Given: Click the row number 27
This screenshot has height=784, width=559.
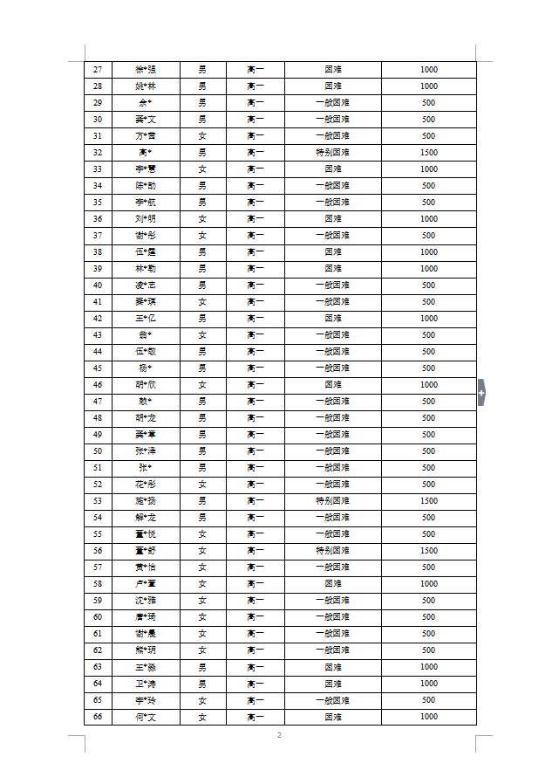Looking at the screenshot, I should (97, 70).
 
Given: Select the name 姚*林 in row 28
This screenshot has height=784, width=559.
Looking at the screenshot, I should (146, 86).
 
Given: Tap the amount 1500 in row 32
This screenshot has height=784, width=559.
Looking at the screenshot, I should (428, 153).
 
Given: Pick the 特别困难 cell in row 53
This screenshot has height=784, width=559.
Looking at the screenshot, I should (332, 501).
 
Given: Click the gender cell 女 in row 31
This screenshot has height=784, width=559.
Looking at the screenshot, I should (202, 136).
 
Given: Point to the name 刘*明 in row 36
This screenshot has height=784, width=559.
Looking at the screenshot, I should (146, 219).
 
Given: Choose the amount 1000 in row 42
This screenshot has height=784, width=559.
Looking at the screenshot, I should (428, 319).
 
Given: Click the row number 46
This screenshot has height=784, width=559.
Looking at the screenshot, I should (97, 385).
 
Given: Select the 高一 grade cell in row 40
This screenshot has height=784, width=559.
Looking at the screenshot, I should (255, 285).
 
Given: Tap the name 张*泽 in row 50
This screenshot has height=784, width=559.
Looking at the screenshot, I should (146, 451).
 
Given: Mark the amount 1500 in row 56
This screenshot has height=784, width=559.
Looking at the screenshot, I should (428, 551).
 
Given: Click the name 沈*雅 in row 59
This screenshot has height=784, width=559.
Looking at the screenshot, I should (146, 601).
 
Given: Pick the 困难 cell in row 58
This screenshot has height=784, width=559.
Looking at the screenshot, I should (332, 584).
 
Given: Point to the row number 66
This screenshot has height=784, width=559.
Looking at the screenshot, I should (97, 717).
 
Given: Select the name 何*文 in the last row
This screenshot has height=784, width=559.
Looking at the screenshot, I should (146, 717).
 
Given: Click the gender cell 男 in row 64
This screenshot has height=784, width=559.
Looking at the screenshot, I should (202, 684).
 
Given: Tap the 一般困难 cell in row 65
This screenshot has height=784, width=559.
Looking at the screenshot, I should (332, 700).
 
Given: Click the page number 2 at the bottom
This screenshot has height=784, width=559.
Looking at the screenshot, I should (279, 736).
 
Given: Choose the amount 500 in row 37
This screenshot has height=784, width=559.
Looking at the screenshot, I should (428, 236).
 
